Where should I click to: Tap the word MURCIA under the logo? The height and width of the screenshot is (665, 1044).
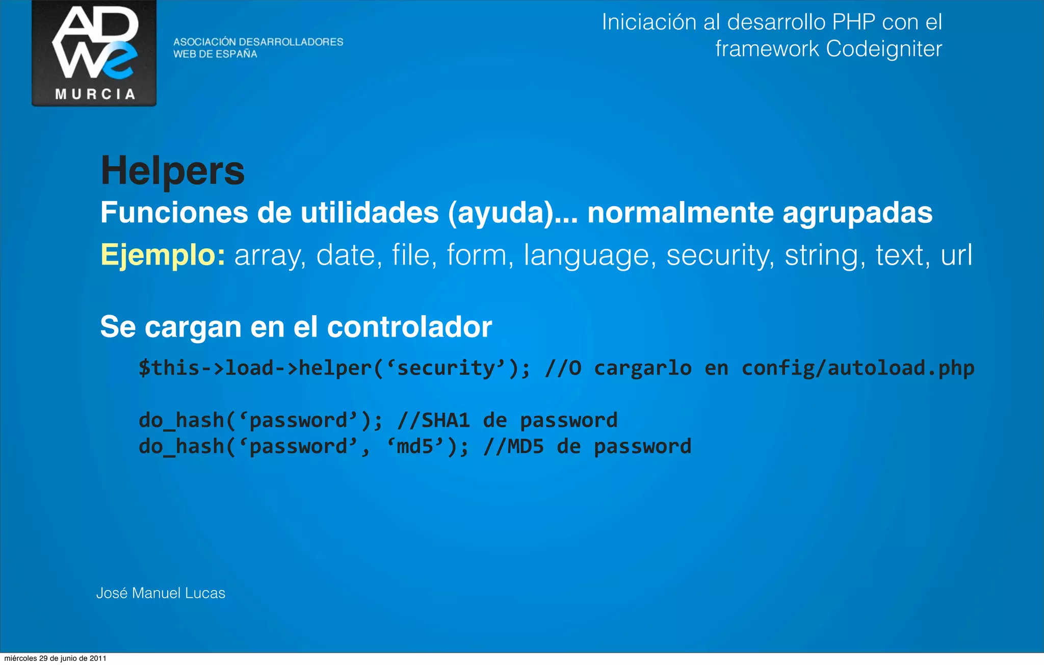[x=95, y=94]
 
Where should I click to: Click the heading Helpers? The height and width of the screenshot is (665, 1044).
[x=172, y=171]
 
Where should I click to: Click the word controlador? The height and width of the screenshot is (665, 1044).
[x=409, y=327]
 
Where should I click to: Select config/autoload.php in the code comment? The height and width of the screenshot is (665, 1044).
[x=857, y=368]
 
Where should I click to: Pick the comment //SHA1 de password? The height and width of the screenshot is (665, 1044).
[x=507, y=421]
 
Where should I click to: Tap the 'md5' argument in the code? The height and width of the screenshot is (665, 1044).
[x=416, y=447]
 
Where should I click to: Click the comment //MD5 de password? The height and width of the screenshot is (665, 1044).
[x=587, y=447]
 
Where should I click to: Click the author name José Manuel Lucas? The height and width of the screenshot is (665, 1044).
[x=161, y=593]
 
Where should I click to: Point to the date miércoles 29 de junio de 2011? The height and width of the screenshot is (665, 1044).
[x=55, y=658]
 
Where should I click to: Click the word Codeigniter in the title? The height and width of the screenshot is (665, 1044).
[x=883, y=49]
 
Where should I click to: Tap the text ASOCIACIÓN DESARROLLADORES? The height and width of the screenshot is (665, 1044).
[x=258, y=42]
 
